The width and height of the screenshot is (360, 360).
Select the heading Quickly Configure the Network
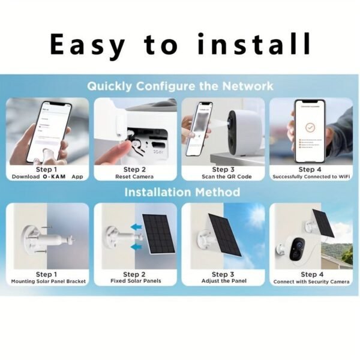coord(180,85)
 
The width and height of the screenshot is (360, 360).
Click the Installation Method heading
coord(182,193)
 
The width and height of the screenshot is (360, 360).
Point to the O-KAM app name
coord(55,177)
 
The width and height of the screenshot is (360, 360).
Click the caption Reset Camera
coord(134,177)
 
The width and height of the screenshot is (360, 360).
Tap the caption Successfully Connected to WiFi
coord(310,177)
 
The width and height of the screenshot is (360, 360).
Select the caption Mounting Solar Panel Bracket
coord(48,281)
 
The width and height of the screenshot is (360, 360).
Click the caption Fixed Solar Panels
coord(135,281)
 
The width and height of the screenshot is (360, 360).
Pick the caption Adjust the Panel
coord(223,281)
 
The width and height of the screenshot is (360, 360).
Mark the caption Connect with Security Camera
coord(311,281)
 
